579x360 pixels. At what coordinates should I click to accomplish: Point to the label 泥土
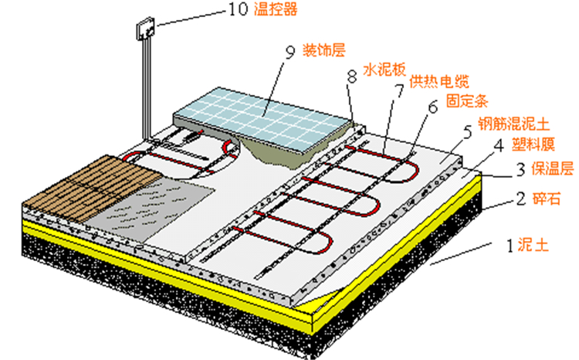pyautogui.click(x=534, y=247)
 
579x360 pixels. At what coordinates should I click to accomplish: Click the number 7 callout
pyautogui.click(x=399, y=90)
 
